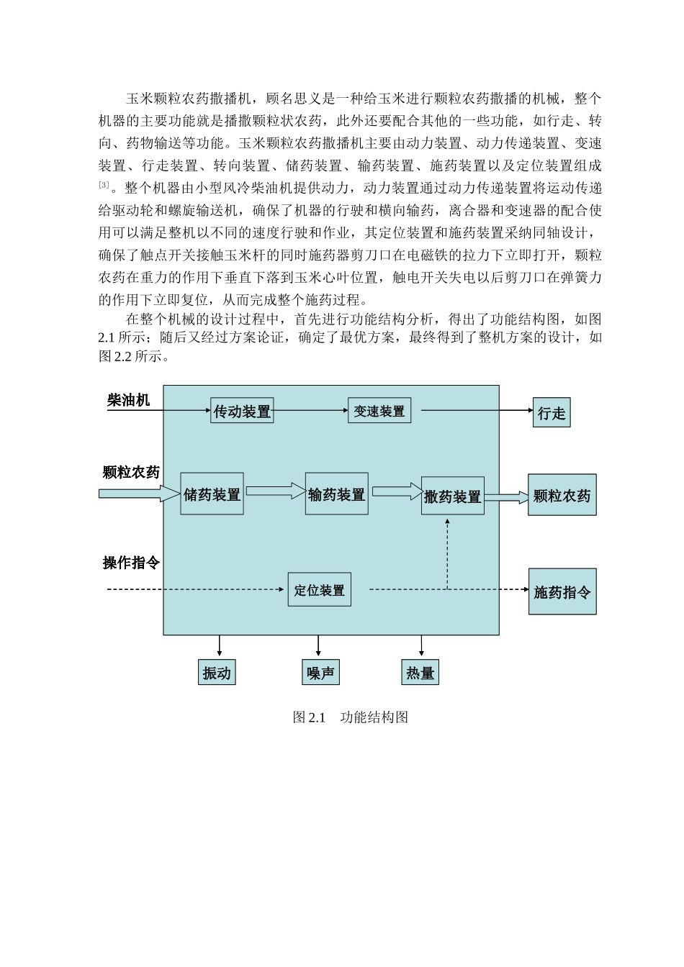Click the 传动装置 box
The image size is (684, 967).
[242, 411]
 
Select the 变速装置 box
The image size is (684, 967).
[379, 412]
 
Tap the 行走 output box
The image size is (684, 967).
[552, 413]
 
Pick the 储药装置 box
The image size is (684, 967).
[212, 494]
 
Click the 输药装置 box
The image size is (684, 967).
[336, 494]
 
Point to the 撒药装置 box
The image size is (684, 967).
[452, 496]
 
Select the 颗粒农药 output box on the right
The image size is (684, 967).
[562, 495]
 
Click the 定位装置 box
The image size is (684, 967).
[319, 590]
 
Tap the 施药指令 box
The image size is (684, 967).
[562, 591]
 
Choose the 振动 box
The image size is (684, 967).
[217, 673]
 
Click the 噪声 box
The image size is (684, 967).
[320, 673]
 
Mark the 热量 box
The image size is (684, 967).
[420, 673]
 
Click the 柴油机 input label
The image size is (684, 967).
[128, 400]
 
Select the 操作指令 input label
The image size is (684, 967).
[131, 563]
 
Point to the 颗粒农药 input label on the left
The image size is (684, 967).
[131, 473]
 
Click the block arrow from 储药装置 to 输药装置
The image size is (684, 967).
[275, 491]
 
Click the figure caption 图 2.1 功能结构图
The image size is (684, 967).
[351, 717]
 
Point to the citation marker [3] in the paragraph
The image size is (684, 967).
[104, 186]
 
